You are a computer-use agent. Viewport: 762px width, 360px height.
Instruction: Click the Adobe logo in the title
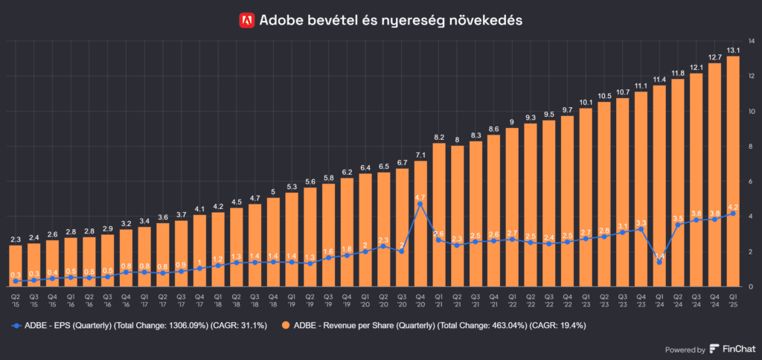pos(247,21)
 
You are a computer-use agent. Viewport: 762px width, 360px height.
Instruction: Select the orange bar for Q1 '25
pos(733,171)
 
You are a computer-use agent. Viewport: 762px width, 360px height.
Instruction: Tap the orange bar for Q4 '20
pos(421,223)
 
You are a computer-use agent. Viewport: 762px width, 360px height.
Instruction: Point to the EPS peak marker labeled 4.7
pos(421,204)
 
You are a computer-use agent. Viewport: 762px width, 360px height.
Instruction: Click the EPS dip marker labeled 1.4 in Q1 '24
pos(660,262)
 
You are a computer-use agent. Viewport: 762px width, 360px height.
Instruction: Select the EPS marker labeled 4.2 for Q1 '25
pos(733,213)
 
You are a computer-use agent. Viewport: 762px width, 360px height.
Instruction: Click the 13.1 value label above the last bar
pos(733,51)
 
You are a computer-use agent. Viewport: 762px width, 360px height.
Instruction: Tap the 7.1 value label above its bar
pos(421,155)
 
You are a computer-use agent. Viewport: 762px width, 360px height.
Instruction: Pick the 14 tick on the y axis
pos(752,40)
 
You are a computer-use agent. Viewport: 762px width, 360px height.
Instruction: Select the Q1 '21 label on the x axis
pos(439,299)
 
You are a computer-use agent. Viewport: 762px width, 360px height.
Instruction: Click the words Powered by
pos(686,350)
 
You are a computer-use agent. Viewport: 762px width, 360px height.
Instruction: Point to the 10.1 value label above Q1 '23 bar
pos(585,102)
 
